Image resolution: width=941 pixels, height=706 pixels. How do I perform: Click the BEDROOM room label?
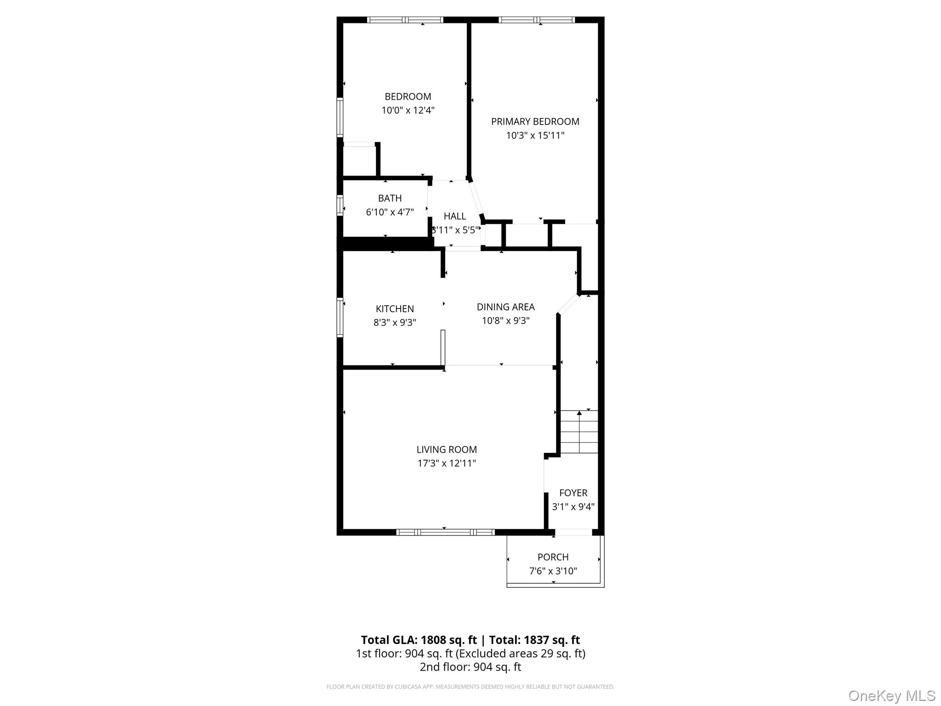coord(408,97)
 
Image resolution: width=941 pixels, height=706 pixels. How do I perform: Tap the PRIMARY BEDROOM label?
coord(535,121)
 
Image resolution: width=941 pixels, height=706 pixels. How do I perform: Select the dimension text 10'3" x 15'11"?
coord(535,136)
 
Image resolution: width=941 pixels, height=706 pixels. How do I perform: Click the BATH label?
coord(390,198)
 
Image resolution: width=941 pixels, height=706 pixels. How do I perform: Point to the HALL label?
coord(454,216)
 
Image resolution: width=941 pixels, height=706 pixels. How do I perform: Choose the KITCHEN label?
coord(395,309)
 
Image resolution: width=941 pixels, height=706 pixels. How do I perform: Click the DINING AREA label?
coord(505,307)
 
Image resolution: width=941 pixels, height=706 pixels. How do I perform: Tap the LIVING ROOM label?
coord(447,450)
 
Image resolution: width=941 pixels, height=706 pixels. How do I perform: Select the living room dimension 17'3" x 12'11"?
coord(447,463)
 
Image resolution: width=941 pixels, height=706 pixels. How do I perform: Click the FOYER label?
coord(573,493)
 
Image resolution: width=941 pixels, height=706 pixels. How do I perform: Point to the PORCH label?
coord(553,557)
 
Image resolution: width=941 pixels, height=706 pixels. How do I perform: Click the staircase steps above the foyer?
coord(579,432)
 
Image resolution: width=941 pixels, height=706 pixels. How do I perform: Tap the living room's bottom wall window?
coord(445,532)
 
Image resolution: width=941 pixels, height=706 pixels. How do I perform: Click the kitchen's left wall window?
coord(340,318)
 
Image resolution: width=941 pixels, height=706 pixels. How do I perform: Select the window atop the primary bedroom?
coord(536,20)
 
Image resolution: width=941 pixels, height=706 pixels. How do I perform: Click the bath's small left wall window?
coord(340,205)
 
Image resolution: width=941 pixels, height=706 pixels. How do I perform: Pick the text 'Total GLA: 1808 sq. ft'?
coord(419,640)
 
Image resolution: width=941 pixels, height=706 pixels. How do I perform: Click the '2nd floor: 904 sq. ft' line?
coord(470,667)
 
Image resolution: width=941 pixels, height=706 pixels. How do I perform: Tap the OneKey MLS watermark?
coord(891,695)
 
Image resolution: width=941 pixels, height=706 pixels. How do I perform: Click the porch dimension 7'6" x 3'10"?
coord(553,571)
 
